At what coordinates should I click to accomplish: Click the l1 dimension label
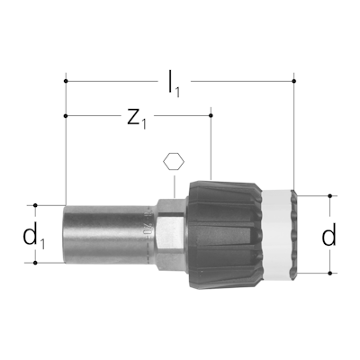(174, 85)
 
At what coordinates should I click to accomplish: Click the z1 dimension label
(137, 119)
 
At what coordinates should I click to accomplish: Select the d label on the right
(328, 234)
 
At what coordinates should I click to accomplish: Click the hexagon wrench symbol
(174, 162)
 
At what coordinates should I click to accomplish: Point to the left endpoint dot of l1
(66, 81)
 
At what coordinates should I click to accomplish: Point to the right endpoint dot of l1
(294, 81)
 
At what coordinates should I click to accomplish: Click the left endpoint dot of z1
(66, 116)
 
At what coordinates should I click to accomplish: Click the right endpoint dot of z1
(211, 116)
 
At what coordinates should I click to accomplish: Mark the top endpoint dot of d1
(35, 205)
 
